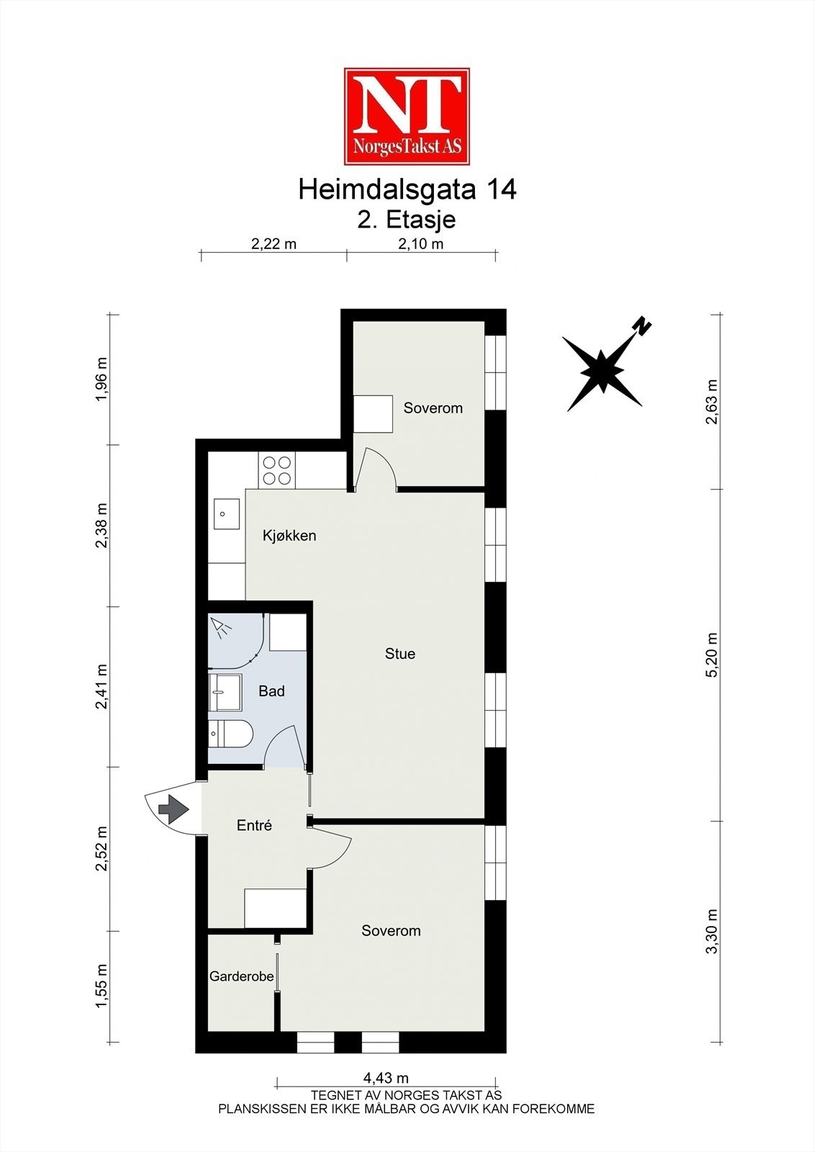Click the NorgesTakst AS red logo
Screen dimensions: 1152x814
coord(407,116)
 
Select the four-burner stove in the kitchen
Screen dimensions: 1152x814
coord(277,469)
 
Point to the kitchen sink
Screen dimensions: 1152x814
coord(227,514)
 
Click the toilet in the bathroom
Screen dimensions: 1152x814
coord(230,734)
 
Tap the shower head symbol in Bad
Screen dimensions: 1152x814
coord(222,628)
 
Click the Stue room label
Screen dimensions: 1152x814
coord(400,654)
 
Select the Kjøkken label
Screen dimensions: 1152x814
coord(289,536)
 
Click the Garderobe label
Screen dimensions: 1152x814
coord(241,976)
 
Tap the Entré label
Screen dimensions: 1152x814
coord(254,826)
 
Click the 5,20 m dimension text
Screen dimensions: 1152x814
coord(712,654)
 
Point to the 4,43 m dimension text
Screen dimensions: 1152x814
coord(386,1078)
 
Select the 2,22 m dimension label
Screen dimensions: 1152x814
coord(273,243)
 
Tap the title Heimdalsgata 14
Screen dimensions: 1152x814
coord(407,190)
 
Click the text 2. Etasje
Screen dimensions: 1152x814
coord(407,218)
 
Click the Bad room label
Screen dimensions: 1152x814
coord(271,691)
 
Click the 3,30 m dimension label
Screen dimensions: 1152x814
coord(712,931)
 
